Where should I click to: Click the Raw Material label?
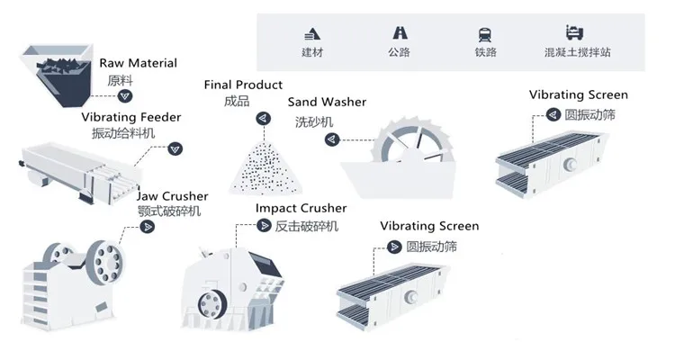click(138, 63)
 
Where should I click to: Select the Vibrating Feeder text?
click(131, 117)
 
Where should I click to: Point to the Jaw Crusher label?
click(173, 196)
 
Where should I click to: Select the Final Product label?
click(243, 85)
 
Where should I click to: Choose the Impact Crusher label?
click(301, 209)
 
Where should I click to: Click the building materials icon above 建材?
click(312, 34)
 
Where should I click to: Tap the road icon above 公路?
click(398, 34)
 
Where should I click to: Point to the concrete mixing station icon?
click(577, 34)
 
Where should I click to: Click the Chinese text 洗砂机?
click(314, 121)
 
